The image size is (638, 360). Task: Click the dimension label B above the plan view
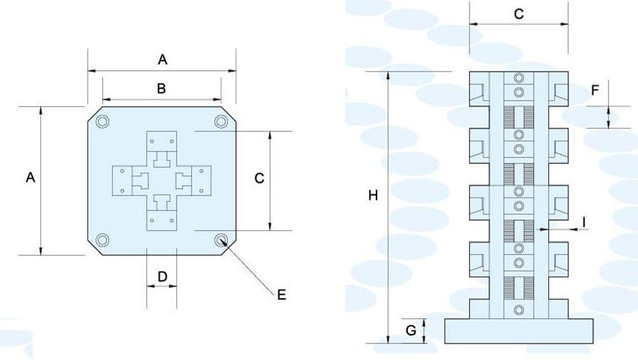pos(161,88)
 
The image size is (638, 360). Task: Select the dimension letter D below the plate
pos(161,277)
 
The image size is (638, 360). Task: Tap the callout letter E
pos(281,295)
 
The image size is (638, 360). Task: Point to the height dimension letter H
pos(374,196)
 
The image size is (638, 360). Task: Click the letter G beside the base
pos(411,330)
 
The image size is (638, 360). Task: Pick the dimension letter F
pos(595,91)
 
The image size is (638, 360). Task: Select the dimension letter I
pos(584,221)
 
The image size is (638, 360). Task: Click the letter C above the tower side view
pos(518,13)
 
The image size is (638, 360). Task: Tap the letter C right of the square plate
pos(258,178)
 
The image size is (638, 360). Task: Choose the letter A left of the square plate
pos(30,178)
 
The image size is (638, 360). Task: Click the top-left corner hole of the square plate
pos(103,122)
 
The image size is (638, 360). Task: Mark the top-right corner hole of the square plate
pos(220,122)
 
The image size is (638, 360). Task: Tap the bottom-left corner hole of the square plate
pos(103,240)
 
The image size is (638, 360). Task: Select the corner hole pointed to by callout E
pos(221,240)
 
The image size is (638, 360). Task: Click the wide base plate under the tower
pos(518,331)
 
